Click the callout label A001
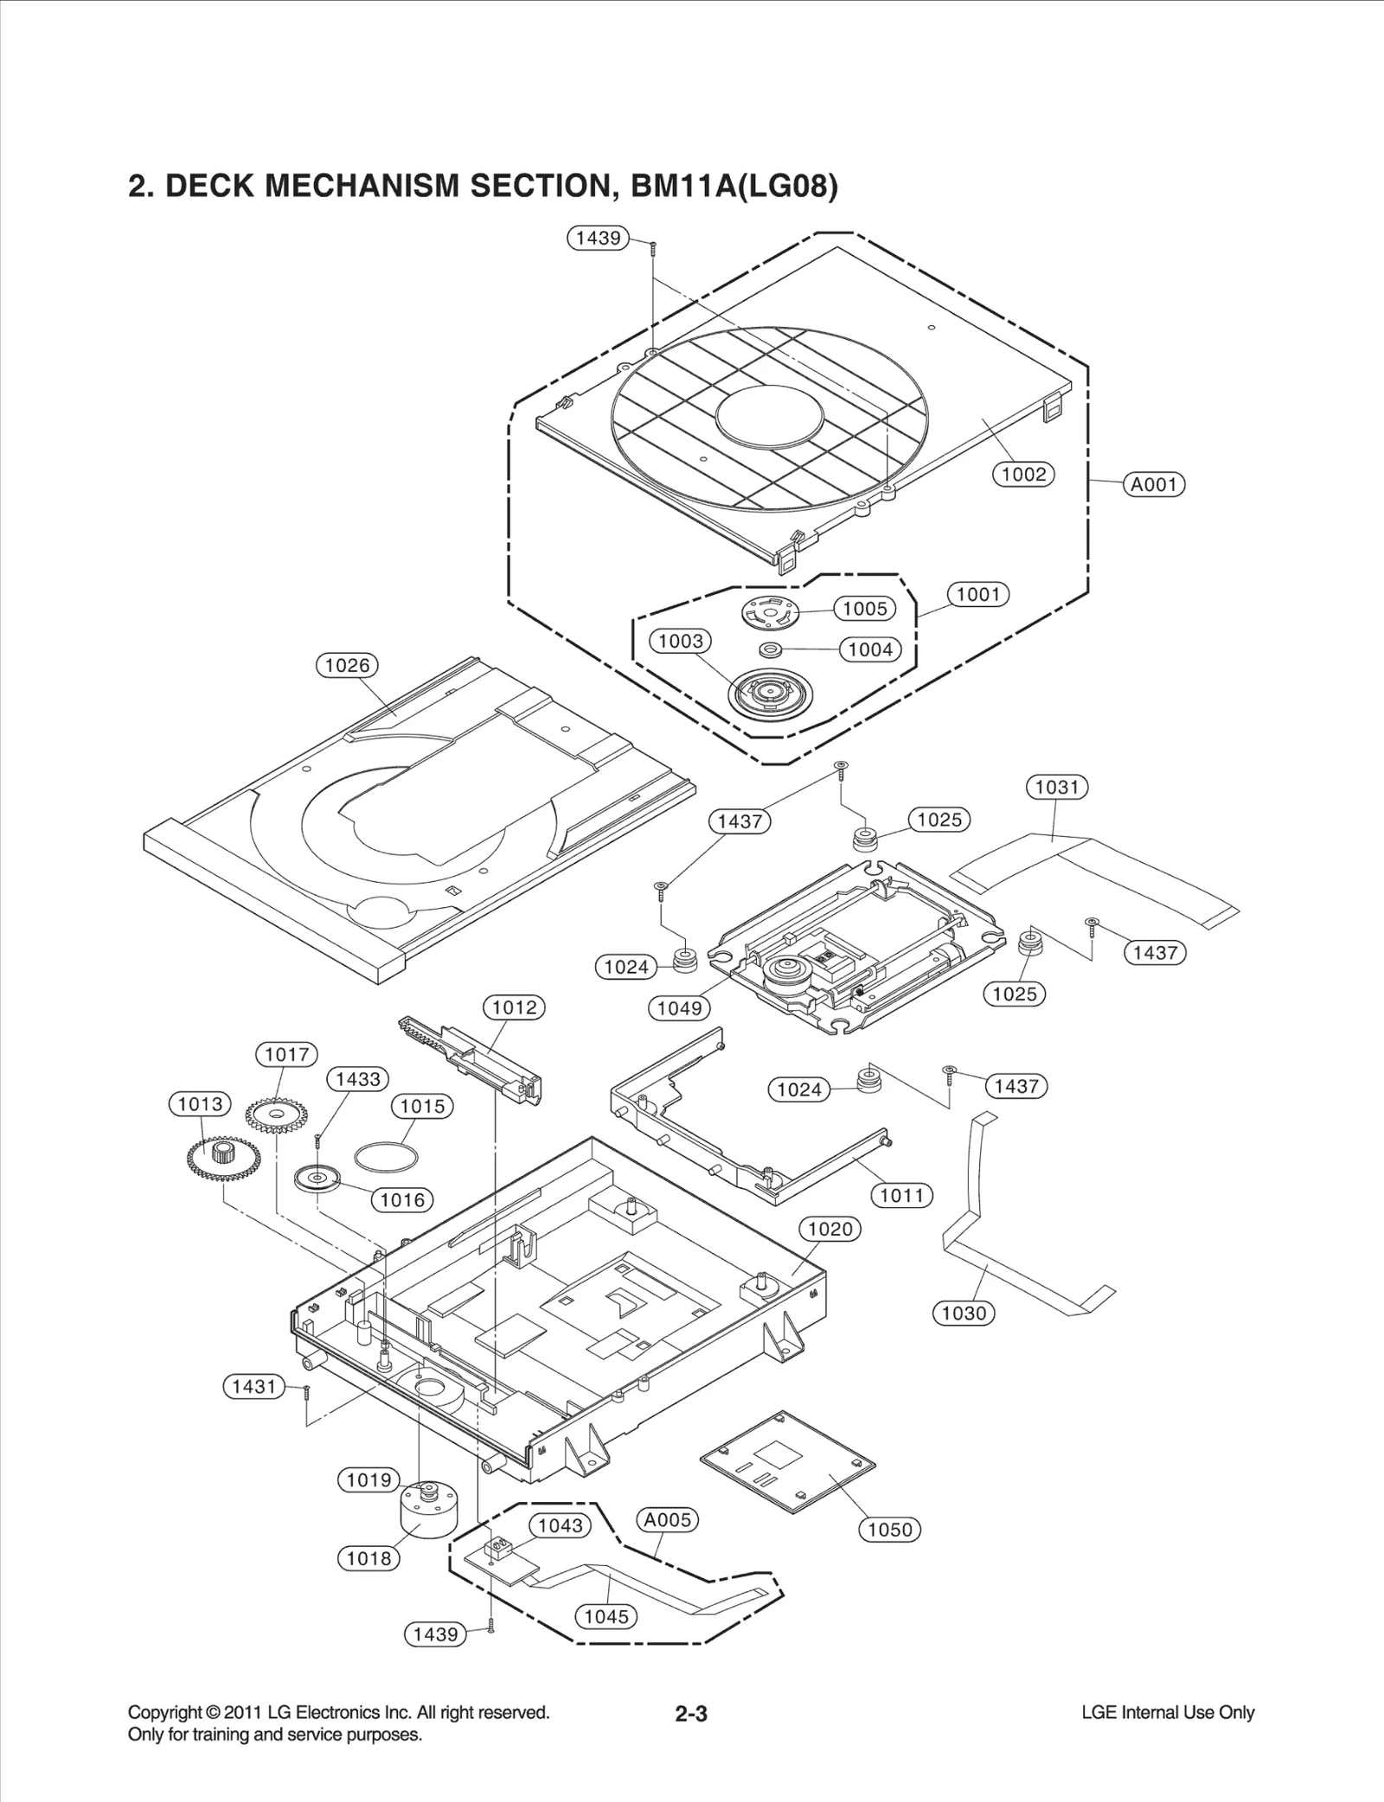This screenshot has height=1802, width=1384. coord(1154,484)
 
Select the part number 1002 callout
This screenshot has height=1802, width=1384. coord(1023,474)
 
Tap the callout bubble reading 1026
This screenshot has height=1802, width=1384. coord(347,665)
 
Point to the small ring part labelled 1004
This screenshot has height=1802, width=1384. coord(770,649)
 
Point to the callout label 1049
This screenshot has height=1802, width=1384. coord(679,1008)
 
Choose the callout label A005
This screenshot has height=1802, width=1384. coord(667,1519)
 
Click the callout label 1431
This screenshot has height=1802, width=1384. coord(253,1387)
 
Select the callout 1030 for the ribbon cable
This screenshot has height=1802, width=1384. coord(964,1313)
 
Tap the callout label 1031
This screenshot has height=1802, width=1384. coord(1056,787)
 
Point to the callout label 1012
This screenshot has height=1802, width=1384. coord(514,1007)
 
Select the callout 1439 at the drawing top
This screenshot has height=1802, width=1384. coord(598,238)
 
